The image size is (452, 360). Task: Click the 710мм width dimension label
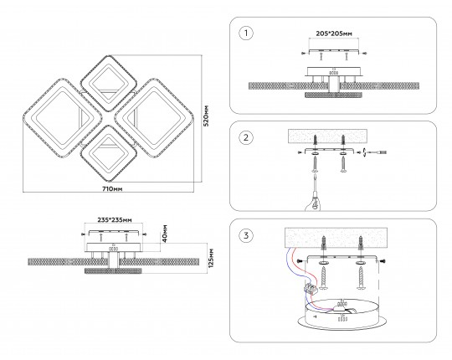pyautogui.click(x=112, y=189)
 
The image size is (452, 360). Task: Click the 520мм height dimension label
pyautogui.click(x=206, y=116)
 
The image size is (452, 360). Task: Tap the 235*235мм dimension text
pyautogui.click(x=115, y=220)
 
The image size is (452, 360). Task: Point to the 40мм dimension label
pyautogui.click(x=165, y=234)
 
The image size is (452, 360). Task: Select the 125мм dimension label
pyautogui.click(x=211, y=258)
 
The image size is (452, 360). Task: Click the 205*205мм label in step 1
pyautogui.click(x=334, y=33)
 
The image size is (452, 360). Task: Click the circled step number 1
pyautogui.click(x=246, y=33)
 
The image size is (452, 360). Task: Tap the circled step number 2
pyautogui.click(x=246, y=137)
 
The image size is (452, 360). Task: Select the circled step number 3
pyautogui.click(x=246, y=235)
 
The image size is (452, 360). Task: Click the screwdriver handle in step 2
pyautogui.click(x=311, y=204)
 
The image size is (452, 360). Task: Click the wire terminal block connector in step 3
pyautogui.click(x=311, y=288)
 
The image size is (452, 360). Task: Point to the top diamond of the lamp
pyautogui.click(x=108, y=84)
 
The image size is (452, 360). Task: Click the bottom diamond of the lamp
pyautogui.click(x=108, y=153)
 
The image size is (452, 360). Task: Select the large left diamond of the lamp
pyautogui.click(x=63, y=118)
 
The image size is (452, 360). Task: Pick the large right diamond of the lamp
pyautogui.click(x=153, y=118)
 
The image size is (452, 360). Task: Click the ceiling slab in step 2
pyautogui.click(x=328, y=136)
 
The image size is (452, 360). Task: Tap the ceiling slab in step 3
pyautogui.click(x=336, y=238)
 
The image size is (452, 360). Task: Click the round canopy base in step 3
pyautogui.click(x=342, y=315)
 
